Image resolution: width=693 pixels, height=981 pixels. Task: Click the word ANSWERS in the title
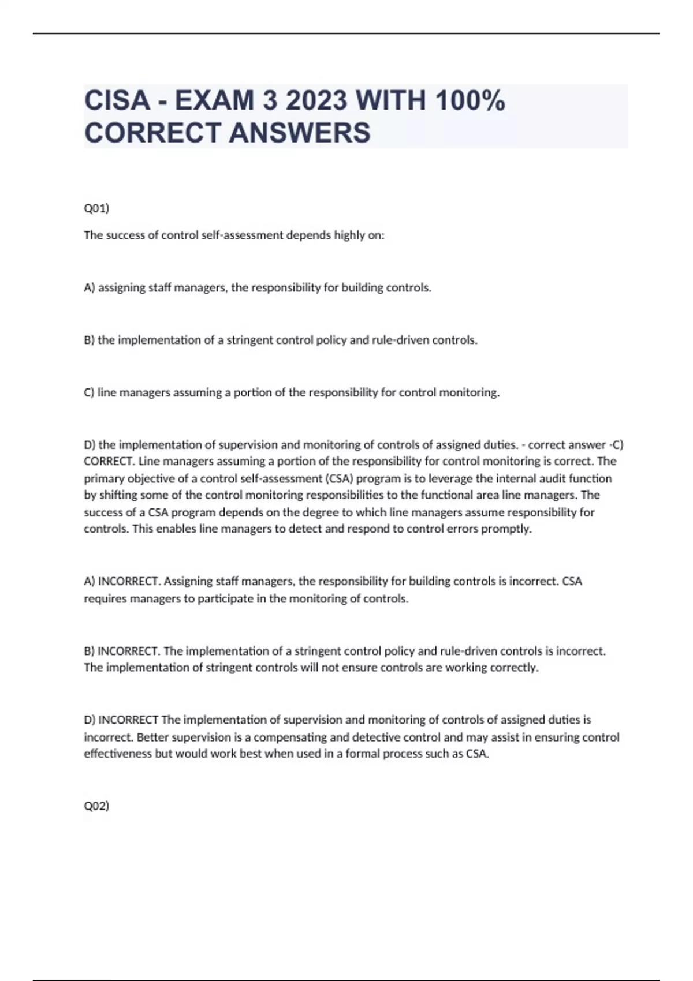click(x=300, y=133)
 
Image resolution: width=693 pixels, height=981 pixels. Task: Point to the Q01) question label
click(x=96, y=208)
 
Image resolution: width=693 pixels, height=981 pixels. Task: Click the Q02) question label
click(x=96, y=806)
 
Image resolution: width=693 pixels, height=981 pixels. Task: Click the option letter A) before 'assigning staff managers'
click(x=90, y=287)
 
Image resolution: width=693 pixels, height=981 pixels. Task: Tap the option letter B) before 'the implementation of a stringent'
click(x=90, y=340)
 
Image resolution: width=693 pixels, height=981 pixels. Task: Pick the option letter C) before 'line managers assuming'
click(x=90, y=392)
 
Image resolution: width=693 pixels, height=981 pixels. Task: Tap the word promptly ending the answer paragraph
click(x=510, y=529)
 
